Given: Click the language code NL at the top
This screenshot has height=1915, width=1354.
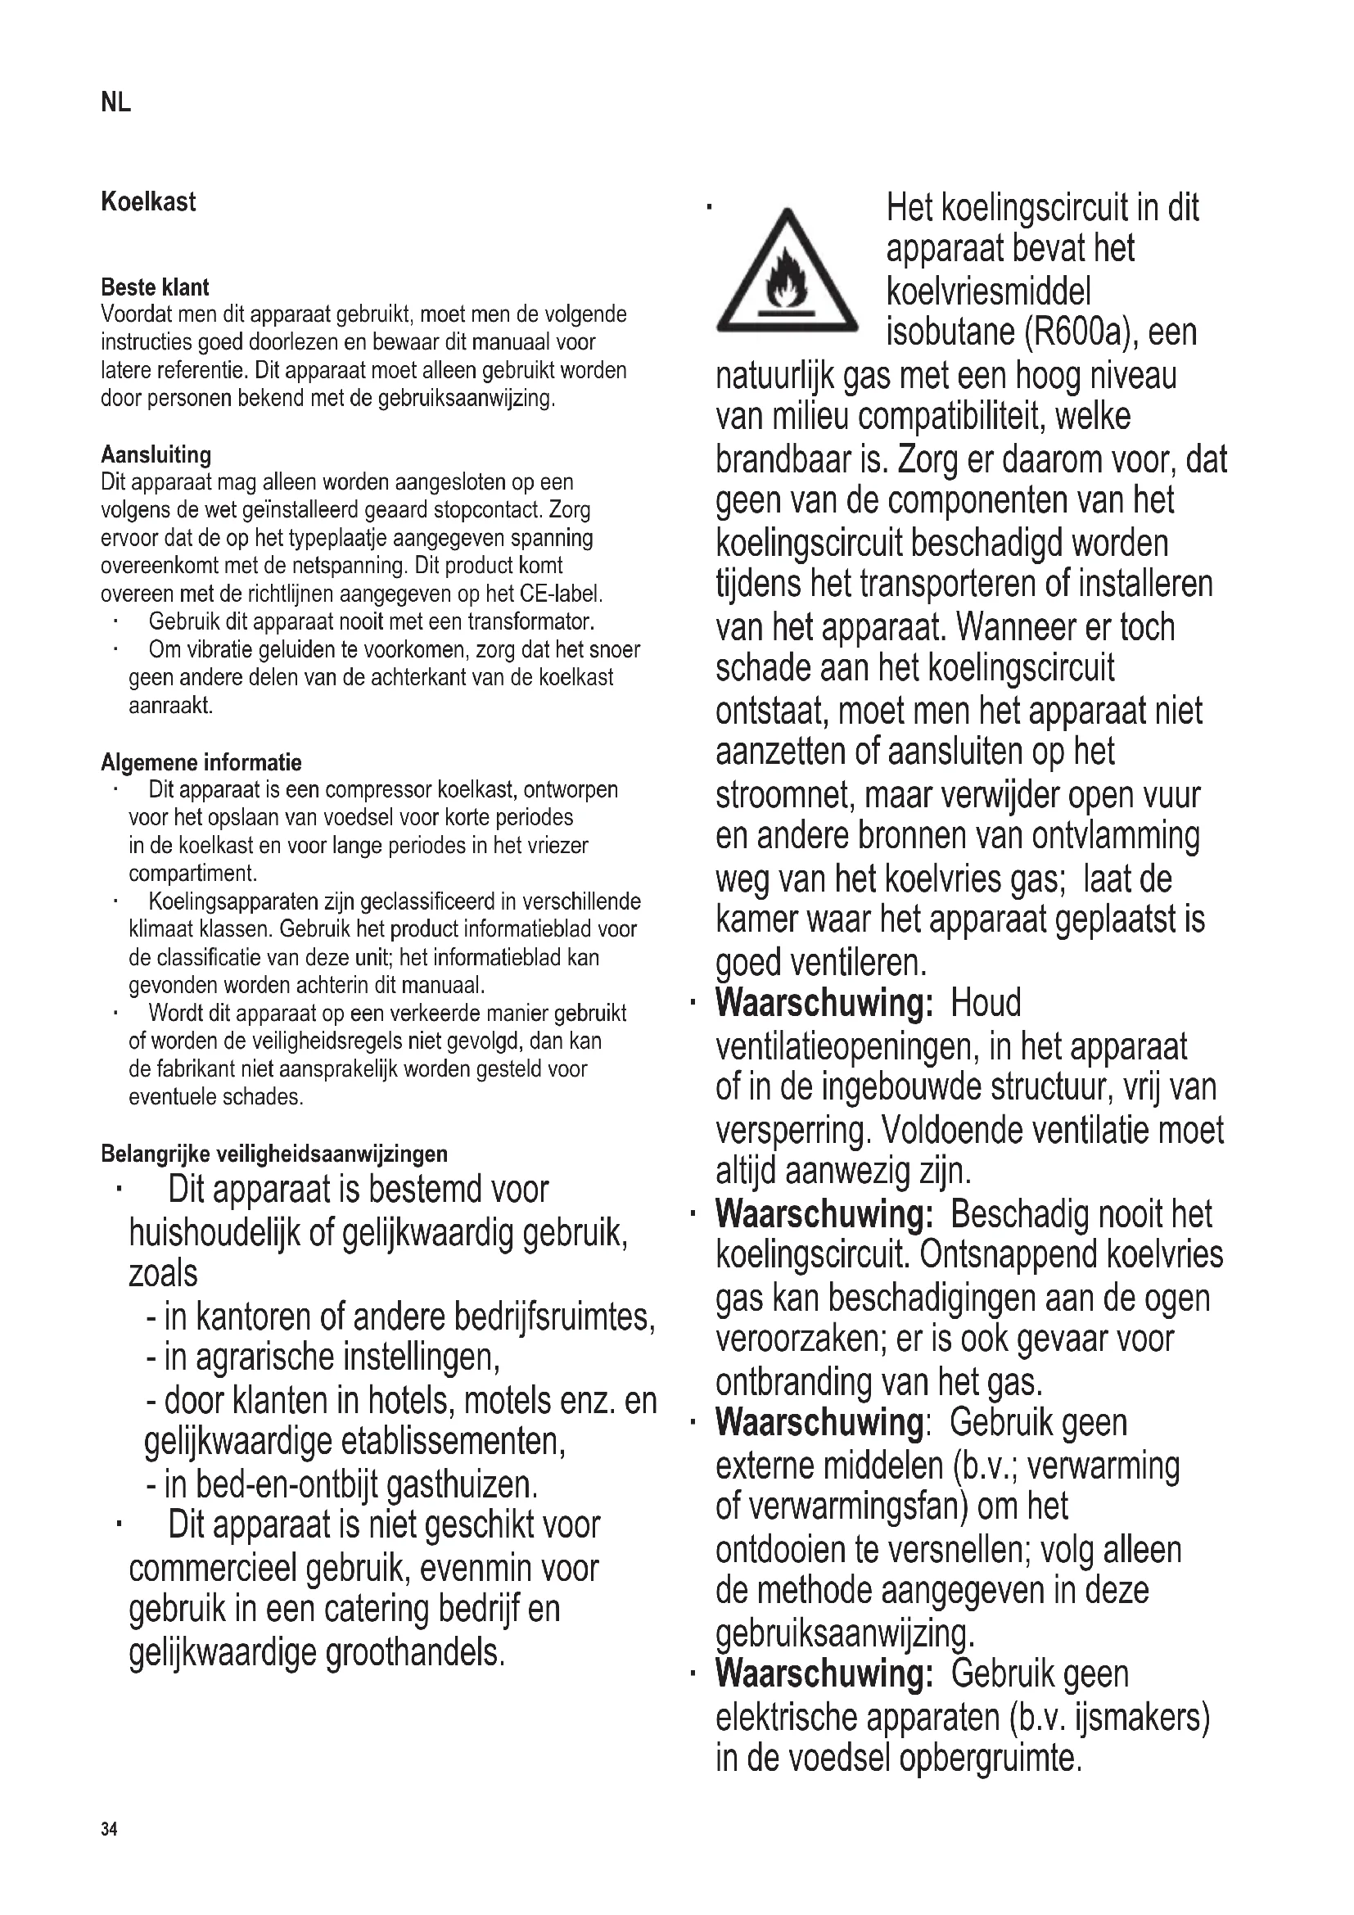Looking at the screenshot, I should (116, 102).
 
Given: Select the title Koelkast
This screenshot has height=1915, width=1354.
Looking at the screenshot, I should (148, 202).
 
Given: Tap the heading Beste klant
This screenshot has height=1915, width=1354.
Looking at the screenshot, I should (155, 287).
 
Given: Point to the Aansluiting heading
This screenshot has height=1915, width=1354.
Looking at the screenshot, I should (156, 454).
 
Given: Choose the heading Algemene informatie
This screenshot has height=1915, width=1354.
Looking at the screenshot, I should (201, 762).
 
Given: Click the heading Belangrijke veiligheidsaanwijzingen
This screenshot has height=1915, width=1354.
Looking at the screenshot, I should (274, 1154).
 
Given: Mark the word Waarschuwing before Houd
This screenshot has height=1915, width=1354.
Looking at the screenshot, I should (824, 1004).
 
